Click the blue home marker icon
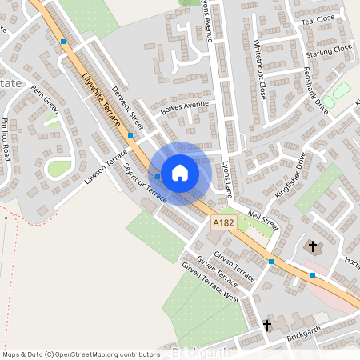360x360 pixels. [x=180, y=172]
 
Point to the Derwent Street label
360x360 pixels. [x=127, y=109]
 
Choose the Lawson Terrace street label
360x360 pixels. [x=106, y=167]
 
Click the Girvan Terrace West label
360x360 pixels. [x=211, y=286]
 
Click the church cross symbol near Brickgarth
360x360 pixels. [x=266, y=325]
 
